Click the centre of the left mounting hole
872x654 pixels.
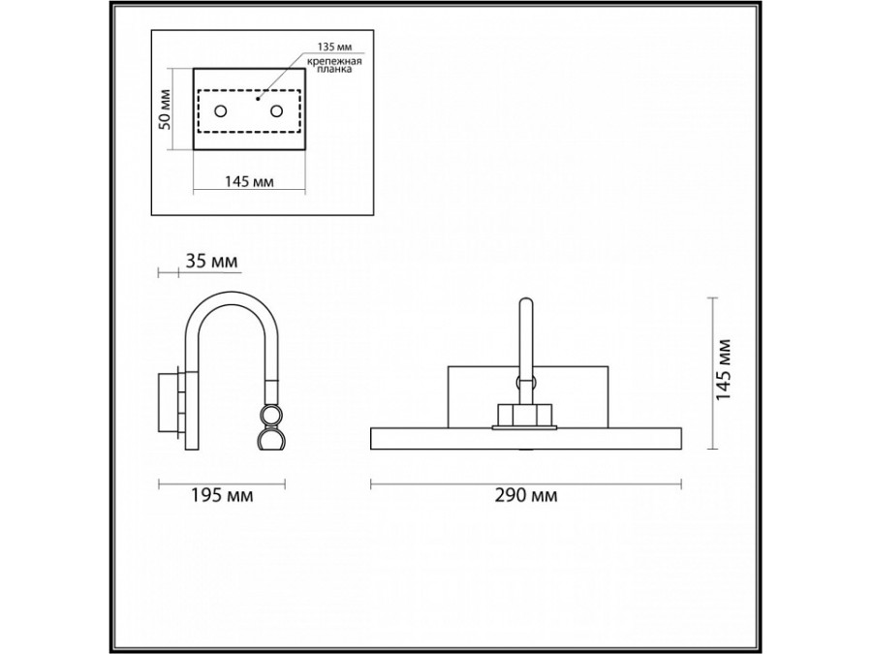point(221,111)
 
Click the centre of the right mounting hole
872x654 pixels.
point(276,111)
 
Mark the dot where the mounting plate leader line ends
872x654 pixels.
point(257,99)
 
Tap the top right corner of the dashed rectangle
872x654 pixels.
point(300,90)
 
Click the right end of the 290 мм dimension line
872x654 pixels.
point(681,484)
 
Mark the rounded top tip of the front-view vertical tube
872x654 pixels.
point(525,299)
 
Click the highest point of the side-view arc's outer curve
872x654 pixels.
point(231,292)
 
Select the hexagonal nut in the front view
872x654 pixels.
point(523,415)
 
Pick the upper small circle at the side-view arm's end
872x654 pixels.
point(272,416)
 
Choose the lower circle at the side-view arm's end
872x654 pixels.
point(272,439)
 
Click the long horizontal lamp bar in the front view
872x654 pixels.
point(526,438)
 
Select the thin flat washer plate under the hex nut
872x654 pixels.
point(524,427)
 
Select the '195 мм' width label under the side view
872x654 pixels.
point(222,495)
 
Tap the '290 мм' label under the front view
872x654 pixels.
point(526,495)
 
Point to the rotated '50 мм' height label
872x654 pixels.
point(166,109)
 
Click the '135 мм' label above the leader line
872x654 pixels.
point(335,47)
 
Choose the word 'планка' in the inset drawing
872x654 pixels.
point(334,70)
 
